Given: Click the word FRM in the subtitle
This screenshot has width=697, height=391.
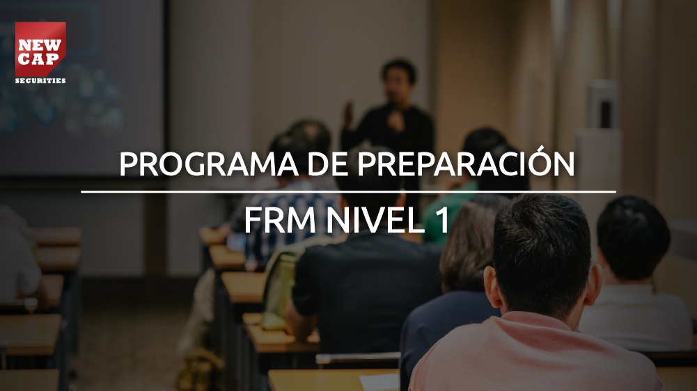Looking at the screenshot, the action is tap(280, 220).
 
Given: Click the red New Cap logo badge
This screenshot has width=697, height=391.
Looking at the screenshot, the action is tap(40, 49).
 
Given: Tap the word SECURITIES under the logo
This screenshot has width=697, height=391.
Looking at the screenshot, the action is tap(40, 81).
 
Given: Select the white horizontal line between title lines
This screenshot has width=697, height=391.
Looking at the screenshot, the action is tap(348, 192).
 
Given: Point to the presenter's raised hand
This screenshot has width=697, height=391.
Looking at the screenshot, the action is tap(348, 113).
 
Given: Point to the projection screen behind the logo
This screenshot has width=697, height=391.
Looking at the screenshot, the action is tap(82, 89).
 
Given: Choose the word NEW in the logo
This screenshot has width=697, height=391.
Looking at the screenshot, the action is tap(40, 45).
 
